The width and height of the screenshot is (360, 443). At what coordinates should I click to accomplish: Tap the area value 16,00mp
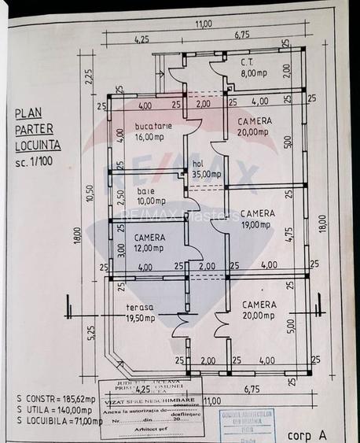(x=149, y=135)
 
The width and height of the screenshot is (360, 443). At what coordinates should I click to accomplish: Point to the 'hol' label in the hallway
(x=199, y=164)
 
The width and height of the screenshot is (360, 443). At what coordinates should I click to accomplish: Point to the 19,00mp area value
(x=257, y=224)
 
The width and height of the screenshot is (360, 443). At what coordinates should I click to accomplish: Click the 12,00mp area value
(x=149, y=248)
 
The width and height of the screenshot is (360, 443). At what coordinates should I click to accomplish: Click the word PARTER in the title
(x=34, y=131)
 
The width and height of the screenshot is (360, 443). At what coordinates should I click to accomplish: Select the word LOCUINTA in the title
(x=37, y=146)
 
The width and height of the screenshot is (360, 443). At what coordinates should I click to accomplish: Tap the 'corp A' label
(x=304, y=434)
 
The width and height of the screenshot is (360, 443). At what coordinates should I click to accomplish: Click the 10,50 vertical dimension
(x=90, y=194)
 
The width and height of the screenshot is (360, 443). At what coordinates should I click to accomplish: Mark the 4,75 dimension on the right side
(x=288, y=235)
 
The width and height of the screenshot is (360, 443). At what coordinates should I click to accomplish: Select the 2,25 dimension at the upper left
(x=90, y=76)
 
